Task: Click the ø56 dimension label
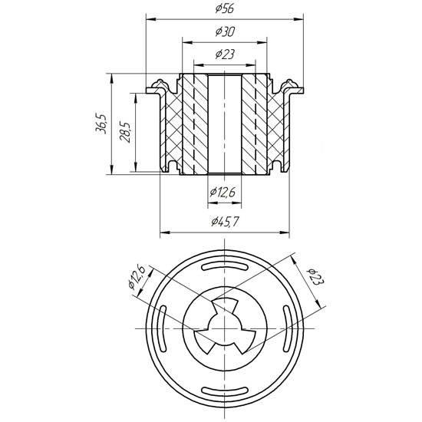tap(225, 8)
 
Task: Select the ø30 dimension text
tap(225, 31)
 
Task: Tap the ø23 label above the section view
tap(225, 54)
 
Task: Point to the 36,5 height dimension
tap(102, 124)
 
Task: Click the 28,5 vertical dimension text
tap(125, 132)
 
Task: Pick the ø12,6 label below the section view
tap(223, 192)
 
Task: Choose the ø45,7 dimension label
tap(225, 222)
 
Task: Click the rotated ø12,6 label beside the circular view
tap(137, 277)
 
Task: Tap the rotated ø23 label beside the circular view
tap(316, 277)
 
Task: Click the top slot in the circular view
tap(225, 266)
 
